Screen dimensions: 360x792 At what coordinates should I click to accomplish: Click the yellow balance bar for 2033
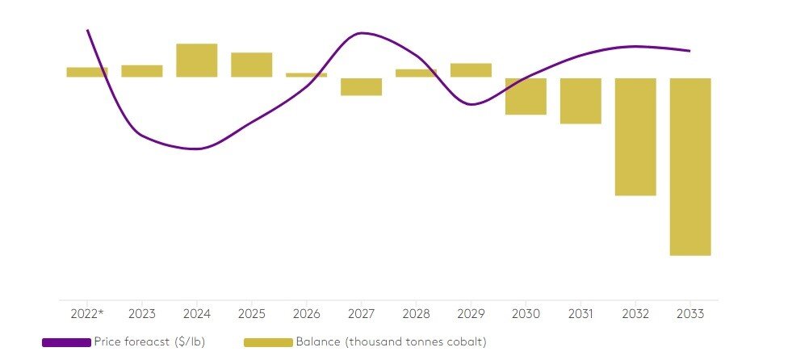click(x=690, y=166)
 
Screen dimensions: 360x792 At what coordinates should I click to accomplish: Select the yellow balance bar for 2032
click(x=635, y=136)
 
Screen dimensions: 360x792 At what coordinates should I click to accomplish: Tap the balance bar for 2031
click(x=580, y=101)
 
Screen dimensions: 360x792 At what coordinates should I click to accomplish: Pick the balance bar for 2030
click(x=526, y=96)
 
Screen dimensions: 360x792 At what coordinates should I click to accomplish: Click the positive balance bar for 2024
click(x=197, y=61)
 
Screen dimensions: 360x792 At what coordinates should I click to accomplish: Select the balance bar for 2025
click(x=252, y=65)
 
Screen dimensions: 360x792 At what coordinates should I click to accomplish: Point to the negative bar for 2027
click(x=361, y=86)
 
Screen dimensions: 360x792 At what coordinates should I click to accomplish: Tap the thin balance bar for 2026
click(x=307, y=75)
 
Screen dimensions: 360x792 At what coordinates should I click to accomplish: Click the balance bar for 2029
click(x=471, y=70)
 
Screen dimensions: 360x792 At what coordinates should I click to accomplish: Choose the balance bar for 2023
click(x=142, y=71)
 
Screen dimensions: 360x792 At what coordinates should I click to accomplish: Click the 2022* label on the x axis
click(x=87, y=313)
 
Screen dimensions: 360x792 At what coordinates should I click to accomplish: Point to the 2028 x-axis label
click(x=416, y=313)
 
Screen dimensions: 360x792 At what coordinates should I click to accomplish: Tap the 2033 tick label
click(x=690, y=313)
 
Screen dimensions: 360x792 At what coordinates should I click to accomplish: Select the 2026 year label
click(x=307, y=313)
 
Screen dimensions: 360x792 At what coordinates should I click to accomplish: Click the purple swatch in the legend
click(x=66, y=342)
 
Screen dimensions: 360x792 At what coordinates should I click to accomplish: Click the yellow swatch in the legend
click(x=267, y=342)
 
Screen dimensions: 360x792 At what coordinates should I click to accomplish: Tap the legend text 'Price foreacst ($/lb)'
click(x=149, y=342)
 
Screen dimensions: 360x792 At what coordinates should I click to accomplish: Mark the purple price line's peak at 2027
click(x=361, y=33)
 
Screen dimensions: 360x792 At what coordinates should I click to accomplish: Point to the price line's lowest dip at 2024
click(x=196, y=149)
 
